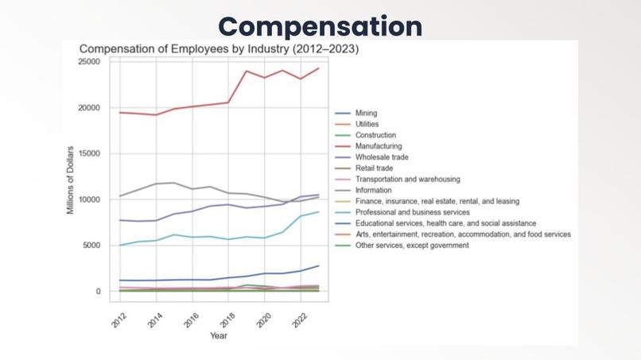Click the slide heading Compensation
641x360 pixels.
[320, 25]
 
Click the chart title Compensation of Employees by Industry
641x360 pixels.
[219, 49]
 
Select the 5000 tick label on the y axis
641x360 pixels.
[95, 246]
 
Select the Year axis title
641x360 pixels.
[219, 336]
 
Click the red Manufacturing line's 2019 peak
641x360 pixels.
[246, 71]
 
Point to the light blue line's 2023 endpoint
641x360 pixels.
[318, 211]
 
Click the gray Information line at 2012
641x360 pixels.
[119, 196]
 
